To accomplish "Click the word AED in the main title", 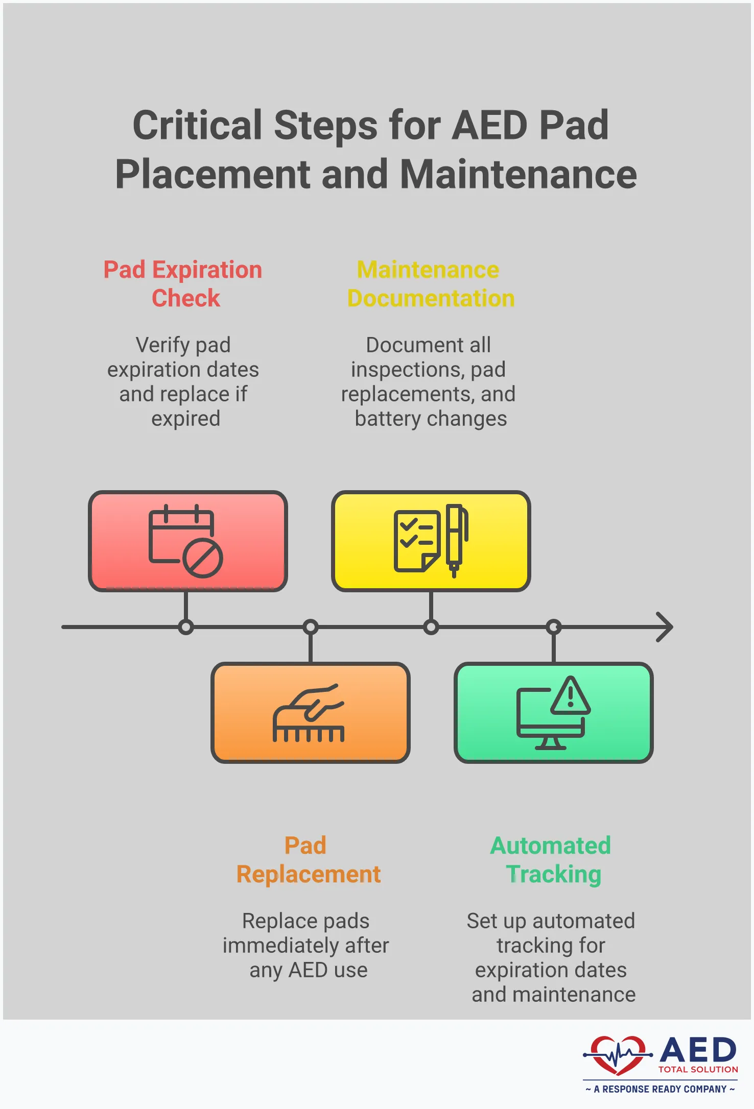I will point(489,126).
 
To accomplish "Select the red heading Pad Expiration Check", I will point(183,284).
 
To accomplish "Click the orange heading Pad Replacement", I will point(308,860).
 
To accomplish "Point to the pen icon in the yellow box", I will point(455,539).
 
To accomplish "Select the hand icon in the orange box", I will point(309,713).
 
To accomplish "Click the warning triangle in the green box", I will point(571,696).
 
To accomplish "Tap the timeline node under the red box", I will point(186,627).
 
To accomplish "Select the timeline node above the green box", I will point(554,627).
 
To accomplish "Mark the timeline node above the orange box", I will point(311,627).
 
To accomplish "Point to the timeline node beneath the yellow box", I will point(431,627).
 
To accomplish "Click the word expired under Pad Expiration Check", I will point(186,419).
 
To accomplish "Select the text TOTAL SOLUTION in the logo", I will point(698,1070).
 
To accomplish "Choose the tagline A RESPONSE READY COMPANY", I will point(660,1089).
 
